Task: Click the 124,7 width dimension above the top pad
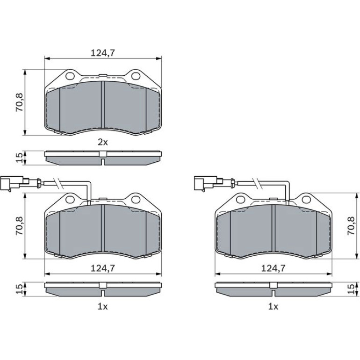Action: [x=103, y=53]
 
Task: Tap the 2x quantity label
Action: [x=103, y=143]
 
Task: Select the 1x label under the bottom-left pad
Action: [x=103, y=307]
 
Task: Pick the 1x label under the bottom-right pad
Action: [x=273, y=307]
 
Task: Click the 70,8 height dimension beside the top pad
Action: [x=19, y=102]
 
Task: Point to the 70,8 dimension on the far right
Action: [x=351, y=226]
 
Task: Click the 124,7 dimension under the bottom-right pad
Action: [x=273, y=268]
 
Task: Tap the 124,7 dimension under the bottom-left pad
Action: [x=103, y=268]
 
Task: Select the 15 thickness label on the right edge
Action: [x=351, y=289]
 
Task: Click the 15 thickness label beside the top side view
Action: [x=19, y=158]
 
